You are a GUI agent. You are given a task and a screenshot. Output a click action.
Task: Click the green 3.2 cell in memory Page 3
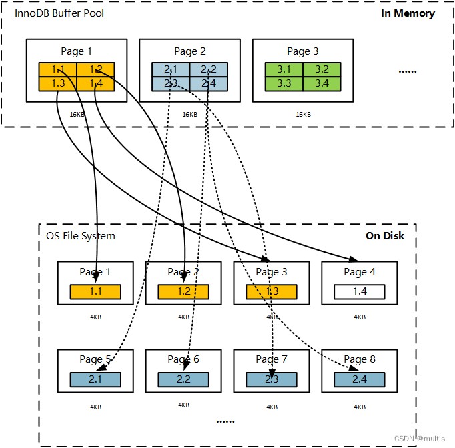322,69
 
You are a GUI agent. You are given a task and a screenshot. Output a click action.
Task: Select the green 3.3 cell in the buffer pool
284,84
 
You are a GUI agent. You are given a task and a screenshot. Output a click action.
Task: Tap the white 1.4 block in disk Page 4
359,291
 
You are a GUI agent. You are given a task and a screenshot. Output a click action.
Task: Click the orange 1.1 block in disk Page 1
95,291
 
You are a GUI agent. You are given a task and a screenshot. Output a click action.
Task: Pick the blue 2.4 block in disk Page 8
359,379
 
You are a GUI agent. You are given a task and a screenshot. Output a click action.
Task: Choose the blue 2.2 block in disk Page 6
183,379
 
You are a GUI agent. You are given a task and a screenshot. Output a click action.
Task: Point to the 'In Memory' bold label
408,13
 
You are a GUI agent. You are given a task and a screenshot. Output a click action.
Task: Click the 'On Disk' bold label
385,236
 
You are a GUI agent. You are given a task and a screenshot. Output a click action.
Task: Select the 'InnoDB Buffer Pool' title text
59,13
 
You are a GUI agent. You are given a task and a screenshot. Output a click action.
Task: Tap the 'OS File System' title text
81,236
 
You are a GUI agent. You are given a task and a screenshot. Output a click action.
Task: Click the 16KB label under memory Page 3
304,115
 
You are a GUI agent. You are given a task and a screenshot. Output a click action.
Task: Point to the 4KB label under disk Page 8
360,407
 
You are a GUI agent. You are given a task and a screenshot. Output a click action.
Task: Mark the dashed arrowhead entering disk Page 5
101,367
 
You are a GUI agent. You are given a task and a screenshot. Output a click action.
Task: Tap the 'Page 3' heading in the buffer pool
303,51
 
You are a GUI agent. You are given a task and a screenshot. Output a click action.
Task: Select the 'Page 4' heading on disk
360,272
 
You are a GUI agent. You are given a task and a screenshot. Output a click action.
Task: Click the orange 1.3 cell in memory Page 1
58,84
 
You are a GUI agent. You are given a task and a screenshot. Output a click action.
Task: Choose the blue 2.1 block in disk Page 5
95,379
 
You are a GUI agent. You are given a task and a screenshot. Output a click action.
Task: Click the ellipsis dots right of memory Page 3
408,71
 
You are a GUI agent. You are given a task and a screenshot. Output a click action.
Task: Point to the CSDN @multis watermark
420,439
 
